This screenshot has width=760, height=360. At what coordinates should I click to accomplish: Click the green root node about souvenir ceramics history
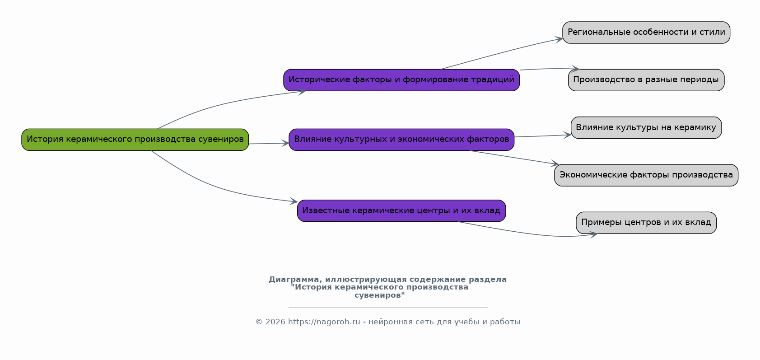coord(135,140)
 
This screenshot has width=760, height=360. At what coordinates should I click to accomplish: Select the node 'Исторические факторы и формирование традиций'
coord(401,80)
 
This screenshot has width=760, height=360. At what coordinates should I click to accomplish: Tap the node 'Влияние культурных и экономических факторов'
coord(401,140)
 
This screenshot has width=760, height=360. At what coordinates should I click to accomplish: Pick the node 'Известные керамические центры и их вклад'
coord(401,211)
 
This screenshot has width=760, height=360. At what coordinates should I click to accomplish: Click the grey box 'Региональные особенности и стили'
coord(646,33)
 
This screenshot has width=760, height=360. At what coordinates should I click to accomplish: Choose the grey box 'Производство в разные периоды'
coord(646,80)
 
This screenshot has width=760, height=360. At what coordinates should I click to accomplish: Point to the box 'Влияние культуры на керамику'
coord(646,128)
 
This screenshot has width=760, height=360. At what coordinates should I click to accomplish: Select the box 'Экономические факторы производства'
coord(646,175)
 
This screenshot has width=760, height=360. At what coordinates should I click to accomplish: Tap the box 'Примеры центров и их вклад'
coord(646,223)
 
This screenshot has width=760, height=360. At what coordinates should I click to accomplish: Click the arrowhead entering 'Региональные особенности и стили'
coord(559,39)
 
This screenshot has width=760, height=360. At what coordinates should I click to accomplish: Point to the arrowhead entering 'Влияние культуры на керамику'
coord(568,135)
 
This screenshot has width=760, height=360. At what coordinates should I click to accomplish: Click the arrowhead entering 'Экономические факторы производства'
coord(555,164)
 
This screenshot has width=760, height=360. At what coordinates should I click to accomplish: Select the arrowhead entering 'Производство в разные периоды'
coord(575,69)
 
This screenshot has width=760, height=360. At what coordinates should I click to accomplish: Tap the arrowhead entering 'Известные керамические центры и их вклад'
coord(294,201)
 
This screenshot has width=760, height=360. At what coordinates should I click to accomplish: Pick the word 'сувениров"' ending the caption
coord(380,295)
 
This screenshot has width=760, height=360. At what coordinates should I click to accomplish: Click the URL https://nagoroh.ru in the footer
coord(324,322)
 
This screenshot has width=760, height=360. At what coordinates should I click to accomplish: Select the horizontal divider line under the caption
coord(388,308)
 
